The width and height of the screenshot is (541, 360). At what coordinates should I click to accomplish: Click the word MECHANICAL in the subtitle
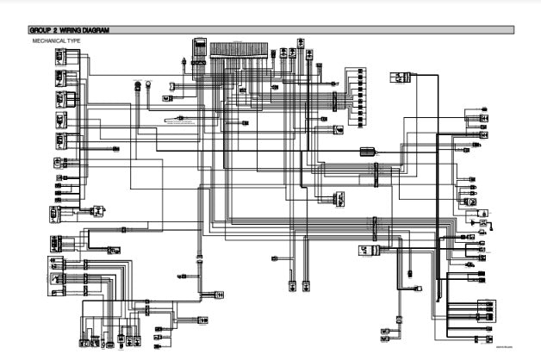[x=47, y=40]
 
